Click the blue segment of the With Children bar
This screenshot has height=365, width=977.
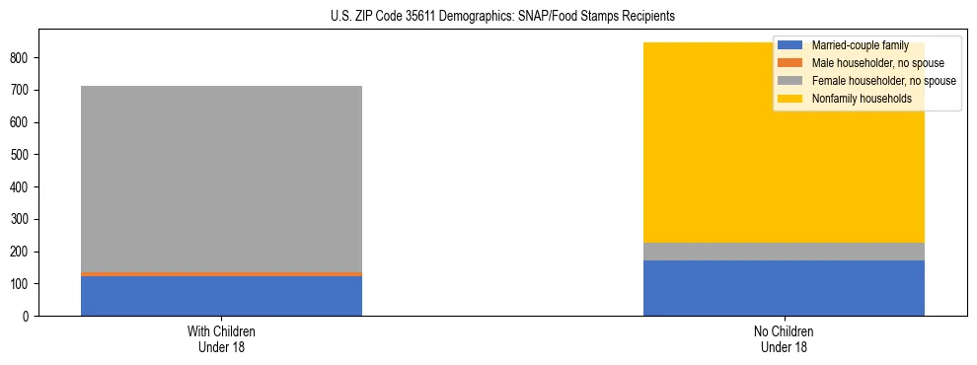point(221,296)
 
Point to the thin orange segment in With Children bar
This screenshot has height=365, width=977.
point(221,274)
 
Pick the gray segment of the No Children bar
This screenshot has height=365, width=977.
point(784,252)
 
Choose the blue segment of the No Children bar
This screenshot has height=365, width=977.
point(784,288)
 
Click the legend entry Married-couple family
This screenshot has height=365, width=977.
point(860,45)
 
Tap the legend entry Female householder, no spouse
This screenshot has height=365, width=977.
point(883,81)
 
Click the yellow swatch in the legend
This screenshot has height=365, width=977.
point(790,99)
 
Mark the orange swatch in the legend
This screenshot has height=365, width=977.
point(790,63)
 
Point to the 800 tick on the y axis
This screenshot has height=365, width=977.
point(22,58)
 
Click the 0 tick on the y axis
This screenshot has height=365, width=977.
point(28,317)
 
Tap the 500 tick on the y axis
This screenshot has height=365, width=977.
point(22,155)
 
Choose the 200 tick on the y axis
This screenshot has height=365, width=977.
point(22,252)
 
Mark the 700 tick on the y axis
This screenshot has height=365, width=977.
point(22,91)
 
